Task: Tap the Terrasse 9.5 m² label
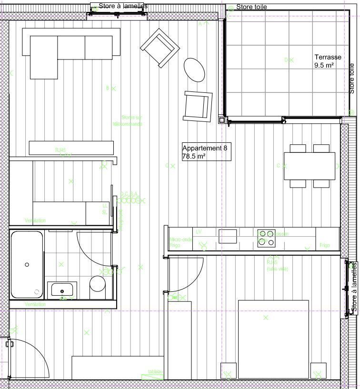328,61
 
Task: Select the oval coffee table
194,70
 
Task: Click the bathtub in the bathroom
27,264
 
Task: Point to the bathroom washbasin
62,289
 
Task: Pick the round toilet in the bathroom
98,284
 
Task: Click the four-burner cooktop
267,238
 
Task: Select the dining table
310,166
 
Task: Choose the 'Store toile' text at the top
251,7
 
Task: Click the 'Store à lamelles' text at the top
123,6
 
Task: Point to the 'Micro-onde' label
181,239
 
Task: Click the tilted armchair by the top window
159,48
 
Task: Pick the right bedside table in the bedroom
318,370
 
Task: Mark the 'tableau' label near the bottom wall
155,371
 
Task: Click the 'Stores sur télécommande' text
128,120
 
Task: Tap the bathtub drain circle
27,264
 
